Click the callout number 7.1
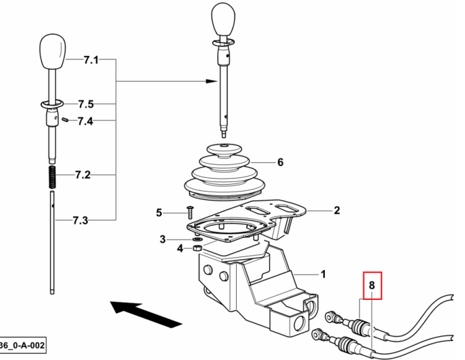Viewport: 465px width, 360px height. [91, 60]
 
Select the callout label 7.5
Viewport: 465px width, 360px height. [86, 104]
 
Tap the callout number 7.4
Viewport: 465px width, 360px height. [85, 121]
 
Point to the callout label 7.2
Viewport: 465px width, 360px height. [82, 175]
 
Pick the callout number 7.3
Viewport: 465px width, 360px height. [81, 221]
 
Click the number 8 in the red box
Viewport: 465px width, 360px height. [372, 285]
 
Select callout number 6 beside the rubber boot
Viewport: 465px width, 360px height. [280, 162]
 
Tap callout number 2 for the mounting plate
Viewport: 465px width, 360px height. [337, 211]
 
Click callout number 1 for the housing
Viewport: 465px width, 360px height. [323, 274]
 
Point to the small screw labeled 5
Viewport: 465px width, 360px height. [190, 213]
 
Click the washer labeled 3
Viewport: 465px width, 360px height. [197, 239]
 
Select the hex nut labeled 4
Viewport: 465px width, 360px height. [198, 248]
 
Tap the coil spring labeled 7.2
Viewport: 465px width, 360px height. [53, 177]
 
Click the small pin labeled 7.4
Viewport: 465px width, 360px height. [66, 120]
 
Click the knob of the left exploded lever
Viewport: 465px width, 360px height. [53, 51]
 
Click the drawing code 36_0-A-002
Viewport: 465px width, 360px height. [22, 346]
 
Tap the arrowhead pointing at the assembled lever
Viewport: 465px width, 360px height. [212, 81]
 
